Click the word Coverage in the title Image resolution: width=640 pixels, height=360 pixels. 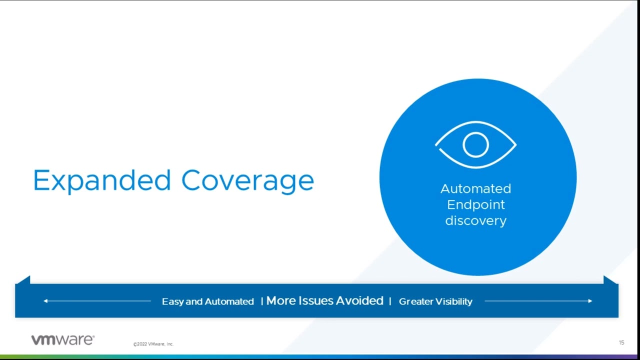tap(247, 180)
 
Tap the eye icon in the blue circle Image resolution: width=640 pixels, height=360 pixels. tap(475, 145)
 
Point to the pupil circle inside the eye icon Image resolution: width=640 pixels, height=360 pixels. tap(475, 145)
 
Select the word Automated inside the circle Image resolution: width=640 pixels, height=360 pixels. tap(475, 188)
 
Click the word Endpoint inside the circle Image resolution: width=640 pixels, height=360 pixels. tap(475, 204)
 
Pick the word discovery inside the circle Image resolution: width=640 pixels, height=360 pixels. tap(475, 220)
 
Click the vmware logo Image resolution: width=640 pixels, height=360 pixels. tap(62, 340)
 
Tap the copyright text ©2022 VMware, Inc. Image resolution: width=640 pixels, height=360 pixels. tap(153, 344)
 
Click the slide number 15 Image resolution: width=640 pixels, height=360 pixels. tap(621, 343)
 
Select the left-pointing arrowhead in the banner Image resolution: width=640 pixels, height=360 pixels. tap(45, 301)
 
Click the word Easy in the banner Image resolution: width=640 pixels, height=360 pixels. tap(172, 301)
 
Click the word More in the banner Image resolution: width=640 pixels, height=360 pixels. tap(281, 300)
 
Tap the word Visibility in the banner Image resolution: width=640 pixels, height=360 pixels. tap(453, 301)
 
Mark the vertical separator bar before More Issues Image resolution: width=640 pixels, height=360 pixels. tap(261, 301)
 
